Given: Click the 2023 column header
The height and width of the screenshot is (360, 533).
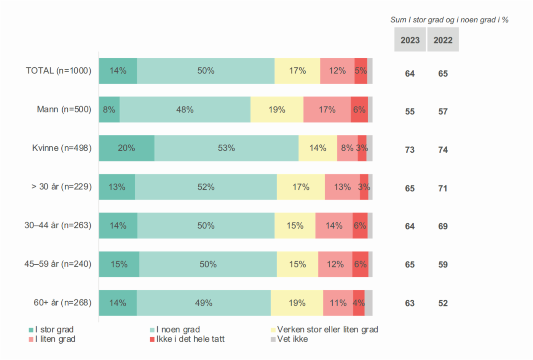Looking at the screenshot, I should tap(410, 40).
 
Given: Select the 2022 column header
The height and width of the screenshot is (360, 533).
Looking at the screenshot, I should tap(443, 40).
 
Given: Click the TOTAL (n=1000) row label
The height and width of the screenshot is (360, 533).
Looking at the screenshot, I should tap(59, 71).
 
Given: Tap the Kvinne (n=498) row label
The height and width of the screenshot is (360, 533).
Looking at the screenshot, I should tap(62, 148).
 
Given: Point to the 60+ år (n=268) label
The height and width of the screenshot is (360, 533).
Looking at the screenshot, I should tap(62, 303).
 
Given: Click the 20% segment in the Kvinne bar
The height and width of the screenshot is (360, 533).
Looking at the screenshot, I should tap(126, 148).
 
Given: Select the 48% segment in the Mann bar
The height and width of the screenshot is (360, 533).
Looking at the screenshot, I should tap(185, 110).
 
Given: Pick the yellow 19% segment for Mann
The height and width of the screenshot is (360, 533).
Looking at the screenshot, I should tap(277, 110).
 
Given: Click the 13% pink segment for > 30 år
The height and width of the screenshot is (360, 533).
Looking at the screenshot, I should tap(342, 187).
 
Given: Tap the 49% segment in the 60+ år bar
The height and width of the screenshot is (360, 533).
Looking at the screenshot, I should tap(204, 303).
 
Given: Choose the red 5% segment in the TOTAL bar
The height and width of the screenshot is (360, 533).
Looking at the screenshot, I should tap(361, 71).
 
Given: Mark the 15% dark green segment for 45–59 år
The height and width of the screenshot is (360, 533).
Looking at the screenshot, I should tap(119, 264).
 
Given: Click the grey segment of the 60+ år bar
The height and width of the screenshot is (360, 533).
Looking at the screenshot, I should tap(369, 303).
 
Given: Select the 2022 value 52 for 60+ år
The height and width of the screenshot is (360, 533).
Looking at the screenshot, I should tap(443, 303).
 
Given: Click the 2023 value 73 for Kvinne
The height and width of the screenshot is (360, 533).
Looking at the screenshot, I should tap(410, 150).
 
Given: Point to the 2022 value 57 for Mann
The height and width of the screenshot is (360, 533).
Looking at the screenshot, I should tap(443, 112).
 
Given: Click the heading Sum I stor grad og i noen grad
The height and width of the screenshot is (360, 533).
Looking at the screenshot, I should tap(449, 20).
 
